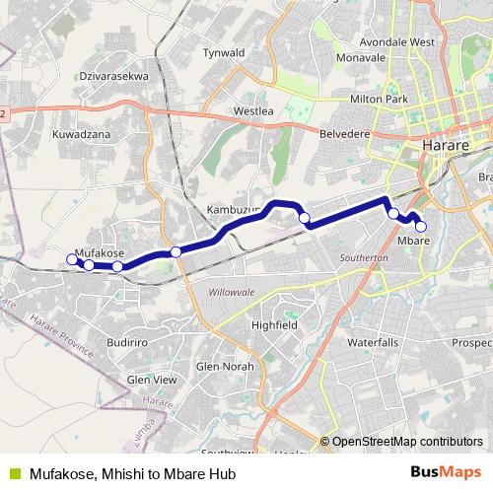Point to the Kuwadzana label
(x=81, y=133)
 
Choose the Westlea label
(x=253, y=111)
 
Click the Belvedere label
(x=343, y=132)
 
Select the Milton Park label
(x=379, y=100)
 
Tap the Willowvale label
(x=231, y=292)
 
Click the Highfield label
(x=274, y=324)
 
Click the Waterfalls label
(x=373, y=342)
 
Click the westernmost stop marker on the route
(x=71, y=259)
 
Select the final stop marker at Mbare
(x=421, y=227)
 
